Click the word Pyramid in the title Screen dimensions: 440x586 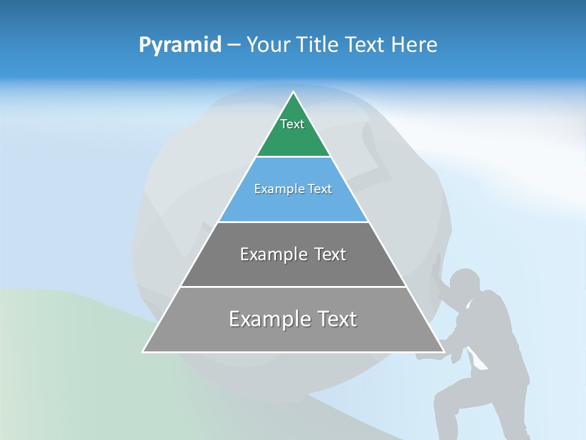point(180,45)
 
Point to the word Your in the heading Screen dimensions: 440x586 point(269,45)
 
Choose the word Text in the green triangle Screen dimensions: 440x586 point(292,124)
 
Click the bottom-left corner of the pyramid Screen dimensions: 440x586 point(143,351)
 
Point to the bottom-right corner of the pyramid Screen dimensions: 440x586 point(443,351)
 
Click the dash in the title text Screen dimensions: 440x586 point(233,45)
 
